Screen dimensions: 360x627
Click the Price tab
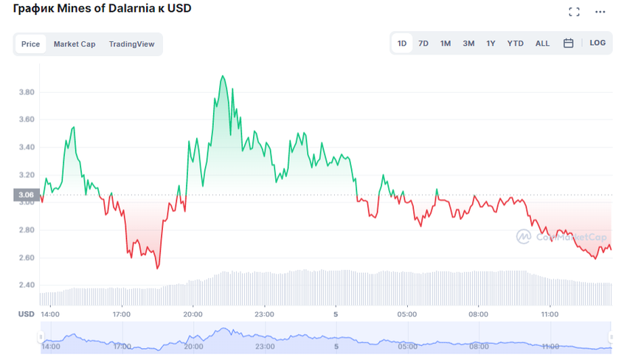(30, 44)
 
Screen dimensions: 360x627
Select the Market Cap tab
(75, 44)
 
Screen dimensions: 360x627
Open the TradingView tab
(132, 44)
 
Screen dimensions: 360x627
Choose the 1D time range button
(402, 44)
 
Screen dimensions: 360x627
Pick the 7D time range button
(423, 44)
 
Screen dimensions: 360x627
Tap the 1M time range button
(446, 44)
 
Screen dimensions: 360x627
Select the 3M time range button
(468, 44)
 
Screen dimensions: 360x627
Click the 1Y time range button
(491, 44)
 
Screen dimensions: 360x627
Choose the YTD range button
(516, 44)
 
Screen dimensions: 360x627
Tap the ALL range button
(542, 44)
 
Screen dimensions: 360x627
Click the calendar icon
(569, 44)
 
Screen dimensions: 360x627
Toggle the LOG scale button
(597, 43)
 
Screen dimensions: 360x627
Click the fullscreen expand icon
(574, 12)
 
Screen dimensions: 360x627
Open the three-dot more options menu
(600, 12)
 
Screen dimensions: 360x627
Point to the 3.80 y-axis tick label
(26, 92)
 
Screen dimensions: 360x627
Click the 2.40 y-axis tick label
(26, 285)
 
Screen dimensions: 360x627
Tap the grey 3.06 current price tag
(26, 195)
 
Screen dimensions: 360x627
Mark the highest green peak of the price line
(222, 75)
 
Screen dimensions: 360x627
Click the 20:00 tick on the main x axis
(193, 314)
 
